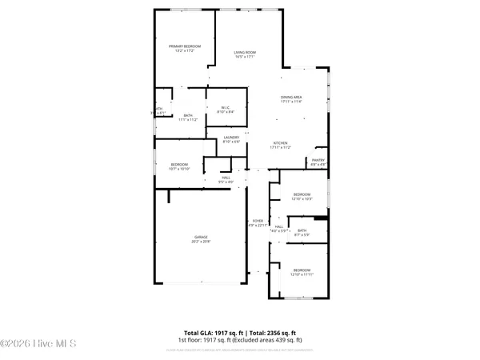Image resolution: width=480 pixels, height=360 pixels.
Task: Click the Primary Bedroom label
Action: click(x=184, y=47)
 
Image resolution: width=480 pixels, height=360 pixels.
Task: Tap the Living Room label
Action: click(x=245, y=52)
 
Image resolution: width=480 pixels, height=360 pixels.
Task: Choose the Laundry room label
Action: click(x=231, y=138)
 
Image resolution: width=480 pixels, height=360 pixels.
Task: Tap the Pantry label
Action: click(x=318, y=160)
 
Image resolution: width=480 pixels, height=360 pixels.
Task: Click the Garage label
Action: click(x=200, y=238)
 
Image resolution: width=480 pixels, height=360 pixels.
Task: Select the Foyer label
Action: click(x=258, y=220)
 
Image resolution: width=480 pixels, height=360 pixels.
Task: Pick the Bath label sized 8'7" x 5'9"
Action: click(x=302, y=230)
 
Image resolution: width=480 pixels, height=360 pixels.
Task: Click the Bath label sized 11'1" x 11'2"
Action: click(x=189, y=115)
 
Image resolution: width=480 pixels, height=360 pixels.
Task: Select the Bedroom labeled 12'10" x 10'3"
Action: click(x=302, y=194)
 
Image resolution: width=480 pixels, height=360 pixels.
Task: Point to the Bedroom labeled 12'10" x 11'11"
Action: click(x=302, y=270)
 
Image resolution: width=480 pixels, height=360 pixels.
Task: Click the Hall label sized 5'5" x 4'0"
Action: click(x=226, y=178)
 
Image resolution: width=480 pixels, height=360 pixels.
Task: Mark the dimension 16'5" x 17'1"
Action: click(x=245, y=57)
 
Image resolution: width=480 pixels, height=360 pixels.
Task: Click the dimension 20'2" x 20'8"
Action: click(x=200, y=242)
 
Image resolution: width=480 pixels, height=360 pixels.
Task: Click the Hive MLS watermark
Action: click(x=38, y=344)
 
